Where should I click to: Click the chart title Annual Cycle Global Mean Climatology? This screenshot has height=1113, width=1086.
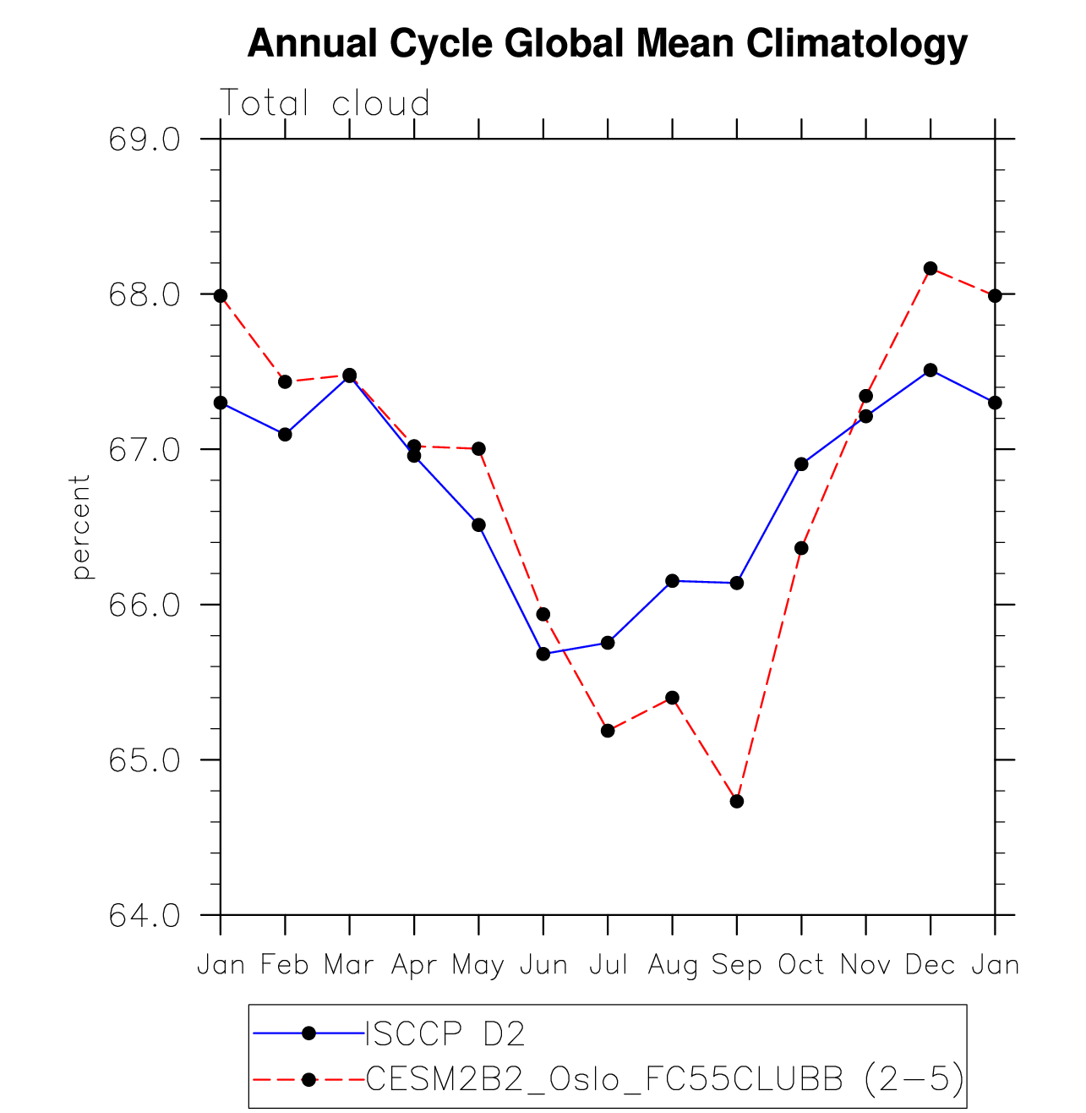(607, 44)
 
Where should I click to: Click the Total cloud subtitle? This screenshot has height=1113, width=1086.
(325, 103)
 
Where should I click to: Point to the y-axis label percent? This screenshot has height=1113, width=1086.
(80, 527)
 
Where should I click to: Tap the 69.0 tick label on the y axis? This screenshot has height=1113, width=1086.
(144, 140)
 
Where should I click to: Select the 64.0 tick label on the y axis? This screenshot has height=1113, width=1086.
(144, 916)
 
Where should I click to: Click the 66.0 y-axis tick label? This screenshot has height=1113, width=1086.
(144, 606)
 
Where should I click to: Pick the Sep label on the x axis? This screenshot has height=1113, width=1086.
(737, 965)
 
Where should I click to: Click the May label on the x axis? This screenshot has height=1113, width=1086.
(478, 965)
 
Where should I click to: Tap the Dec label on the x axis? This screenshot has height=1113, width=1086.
(930, 965)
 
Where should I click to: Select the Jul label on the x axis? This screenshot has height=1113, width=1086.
(608, 965)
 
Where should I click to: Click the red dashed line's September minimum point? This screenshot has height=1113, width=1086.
(737, 801)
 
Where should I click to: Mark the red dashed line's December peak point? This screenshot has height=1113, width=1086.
(930, 268)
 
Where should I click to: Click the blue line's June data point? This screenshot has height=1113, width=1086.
(543, 654)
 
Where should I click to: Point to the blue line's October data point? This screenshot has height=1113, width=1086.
(801, 463)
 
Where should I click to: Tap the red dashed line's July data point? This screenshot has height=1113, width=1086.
(608, 731)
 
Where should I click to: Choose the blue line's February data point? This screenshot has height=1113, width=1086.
(285, 434)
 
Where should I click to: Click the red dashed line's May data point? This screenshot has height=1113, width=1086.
(478, 448)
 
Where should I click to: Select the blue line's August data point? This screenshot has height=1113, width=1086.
(673, 580)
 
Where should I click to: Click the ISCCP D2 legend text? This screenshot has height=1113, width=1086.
(445, 1033)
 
